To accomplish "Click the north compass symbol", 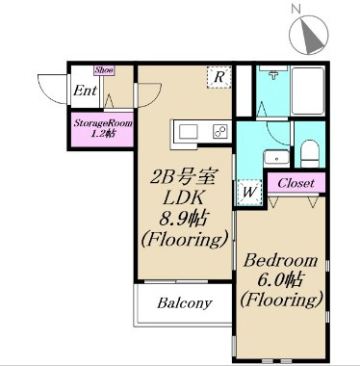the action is coord(309,35).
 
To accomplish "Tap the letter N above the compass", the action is coord(296,10).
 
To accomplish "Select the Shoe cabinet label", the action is coord(104,70).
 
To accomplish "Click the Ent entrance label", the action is coord(85,91).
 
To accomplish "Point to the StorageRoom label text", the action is coord(103,123).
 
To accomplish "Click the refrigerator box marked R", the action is coord(219,77).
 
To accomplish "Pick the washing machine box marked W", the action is coord(249,193).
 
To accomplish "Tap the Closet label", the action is coord(296,183).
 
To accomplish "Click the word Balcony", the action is coord(185,302).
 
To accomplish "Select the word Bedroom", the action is coord(280,261).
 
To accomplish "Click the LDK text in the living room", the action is coord(184,199).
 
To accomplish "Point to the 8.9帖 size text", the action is coord(183,219).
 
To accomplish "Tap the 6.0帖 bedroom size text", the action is coord(280,281).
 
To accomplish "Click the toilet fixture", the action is coord(310,153).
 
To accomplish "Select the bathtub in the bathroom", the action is coord(308,91).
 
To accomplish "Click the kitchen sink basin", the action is coord(188,132).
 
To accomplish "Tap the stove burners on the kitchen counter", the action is coord(220,132).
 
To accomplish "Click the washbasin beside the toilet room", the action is coord(276,158).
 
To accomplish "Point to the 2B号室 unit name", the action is coord(182,179).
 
